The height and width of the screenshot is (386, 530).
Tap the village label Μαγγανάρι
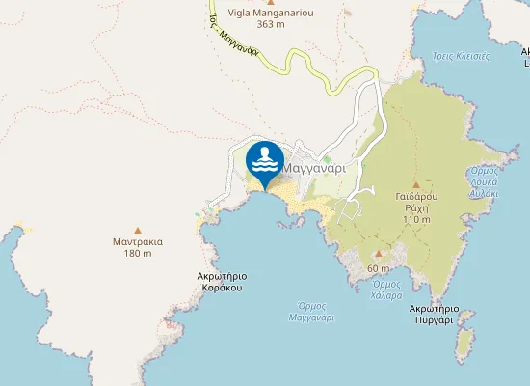(x=314, y=167)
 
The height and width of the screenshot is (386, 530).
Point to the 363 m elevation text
(x=271, y=25)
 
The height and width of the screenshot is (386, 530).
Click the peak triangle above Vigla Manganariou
(x=270, y=3)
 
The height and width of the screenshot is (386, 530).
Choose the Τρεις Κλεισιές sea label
(x=461, y=56)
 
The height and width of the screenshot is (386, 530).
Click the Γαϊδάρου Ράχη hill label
(x=417, y=207)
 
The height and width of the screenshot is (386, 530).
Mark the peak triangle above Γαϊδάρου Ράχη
(x=416, y=185)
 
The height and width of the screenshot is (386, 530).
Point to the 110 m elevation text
(x=417, y=219)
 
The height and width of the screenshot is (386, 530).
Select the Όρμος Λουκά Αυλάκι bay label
(x=483, y=181)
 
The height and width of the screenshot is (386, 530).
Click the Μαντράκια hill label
(x=137, y=241)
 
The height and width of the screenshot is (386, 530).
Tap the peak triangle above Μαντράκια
(x=137, y=230)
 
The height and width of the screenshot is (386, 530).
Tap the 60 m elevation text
(x=379, y=267)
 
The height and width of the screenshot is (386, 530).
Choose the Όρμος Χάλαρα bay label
(x=386, y=289)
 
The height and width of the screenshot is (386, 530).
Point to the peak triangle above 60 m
(x=379, y=255)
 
